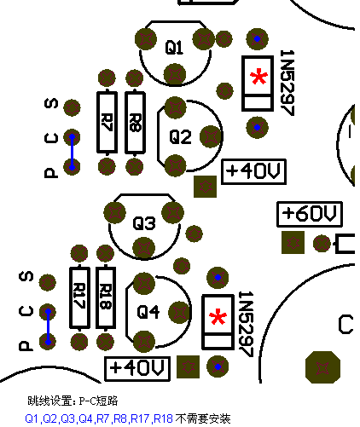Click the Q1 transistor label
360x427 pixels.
pyautogui.click(x=174, y=47)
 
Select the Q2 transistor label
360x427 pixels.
pyautogui.click(x=180, y=136)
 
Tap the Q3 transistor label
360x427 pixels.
pyautogui.click(x=144, y=222)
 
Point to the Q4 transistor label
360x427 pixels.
pyautogui.click(x=148, y=312)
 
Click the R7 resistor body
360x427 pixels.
pyautogui.click(x=107, y=122)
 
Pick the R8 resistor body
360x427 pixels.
pyautogui.click(x=135, y=122)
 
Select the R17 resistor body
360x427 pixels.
pyautogui.click(x=79, y=297)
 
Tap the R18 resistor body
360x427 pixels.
pyautogui.click(x=106, y=297)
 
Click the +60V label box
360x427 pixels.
pyautogui.click(x=310, y=214)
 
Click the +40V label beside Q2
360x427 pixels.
pyautogui.click(x=253, y=171)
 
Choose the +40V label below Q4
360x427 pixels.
pyautogui.click(x=137, y=368)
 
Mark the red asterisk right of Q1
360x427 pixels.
pyautogui.click(x=258, y=76)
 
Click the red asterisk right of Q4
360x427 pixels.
pyautogui.click(x=218, y=317)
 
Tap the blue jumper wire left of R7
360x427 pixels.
pyautogui.click(x=72, y=152)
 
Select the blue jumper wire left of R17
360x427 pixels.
pyautogui.click(x=48, y=326)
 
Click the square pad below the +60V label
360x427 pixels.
pyautogui.click(x=293, y=242)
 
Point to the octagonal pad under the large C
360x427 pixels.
pyautogui.click(x=322, y=367)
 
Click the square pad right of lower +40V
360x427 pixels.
pyautogui.click(x=188, y=366)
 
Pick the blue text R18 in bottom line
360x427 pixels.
pyautogui.click(x=163, y=418)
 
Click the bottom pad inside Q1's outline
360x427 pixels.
pyautogui.click(x=175, y=74)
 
